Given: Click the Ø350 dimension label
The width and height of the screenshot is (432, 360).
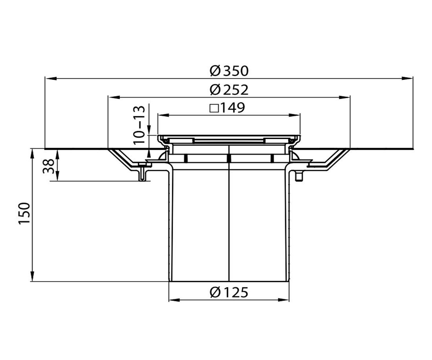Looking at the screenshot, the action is click(229, 71).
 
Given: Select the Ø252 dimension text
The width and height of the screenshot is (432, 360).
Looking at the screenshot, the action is click(229, 90).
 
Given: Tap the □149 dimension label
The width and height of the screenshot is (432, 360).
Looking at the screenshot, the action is click(227, 108).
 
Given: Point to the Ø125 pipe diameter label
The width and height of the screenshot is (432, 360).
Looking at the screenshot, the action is click(229, 292).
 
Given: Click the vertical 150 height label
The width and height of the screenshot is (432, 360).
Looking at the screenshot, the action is click(24, 213).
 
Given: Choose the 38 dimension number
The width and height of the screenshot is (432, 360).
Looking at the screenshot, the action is click(48, 166).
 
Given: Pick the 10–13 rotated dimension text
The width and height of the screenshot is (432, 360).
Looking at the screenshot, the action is click(139, 125).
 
